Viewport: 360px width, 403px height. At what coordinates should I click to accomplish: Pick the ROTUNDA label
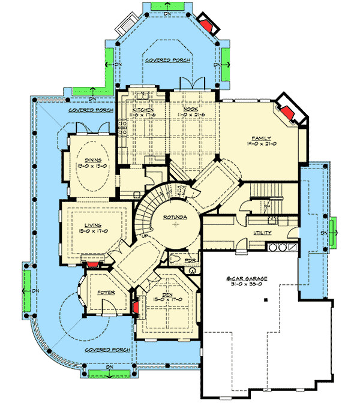click(175, 217)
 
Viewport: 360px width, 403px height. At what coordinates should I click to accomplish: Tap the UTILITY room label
click(262, 232)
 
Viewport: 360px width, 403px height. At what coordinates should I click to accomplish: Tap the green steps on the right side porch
click(331, 230)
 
